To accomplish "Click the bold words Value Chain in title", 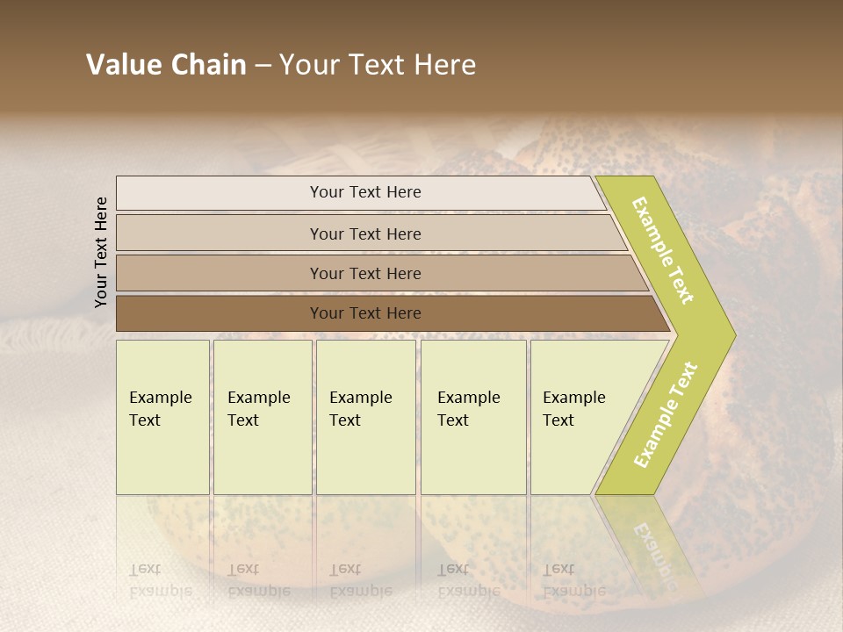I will [166, 65].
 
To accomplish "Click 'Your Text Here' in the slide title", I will [378, 65].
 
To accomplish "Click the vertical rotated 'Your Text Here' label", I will [101, 252].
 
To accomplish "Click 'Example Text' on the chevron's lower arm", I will [666, 414].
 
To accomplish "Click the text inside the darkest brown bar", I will [365, 313].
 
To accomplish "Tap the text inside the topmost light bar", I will [365, 192].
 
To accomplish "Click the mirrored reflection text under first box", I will [161, 580].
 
